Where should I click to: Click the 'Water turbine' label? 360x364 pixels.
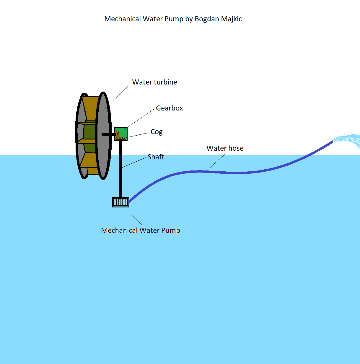(154, 82)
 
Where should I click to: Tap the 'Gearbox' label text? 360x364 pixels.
(169, 108)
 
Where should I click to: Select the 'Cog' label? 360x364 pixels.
(157, 132)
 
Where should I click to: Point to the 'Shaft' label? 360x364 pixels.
(156, 157)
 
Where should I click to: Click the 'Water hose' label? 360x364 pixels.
(225, 148)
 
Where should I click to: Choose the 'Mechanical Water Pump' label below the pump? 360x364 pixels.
(141, 230)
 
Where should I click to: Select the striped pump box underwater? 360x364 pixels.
(120, 202)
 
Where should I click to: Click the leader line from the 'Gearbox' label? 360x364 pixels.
(141, 118)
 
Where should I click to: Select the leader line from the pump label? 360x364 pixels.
(133, 216)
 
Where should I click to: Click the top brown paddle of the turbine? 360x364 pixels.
(90, 108)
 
